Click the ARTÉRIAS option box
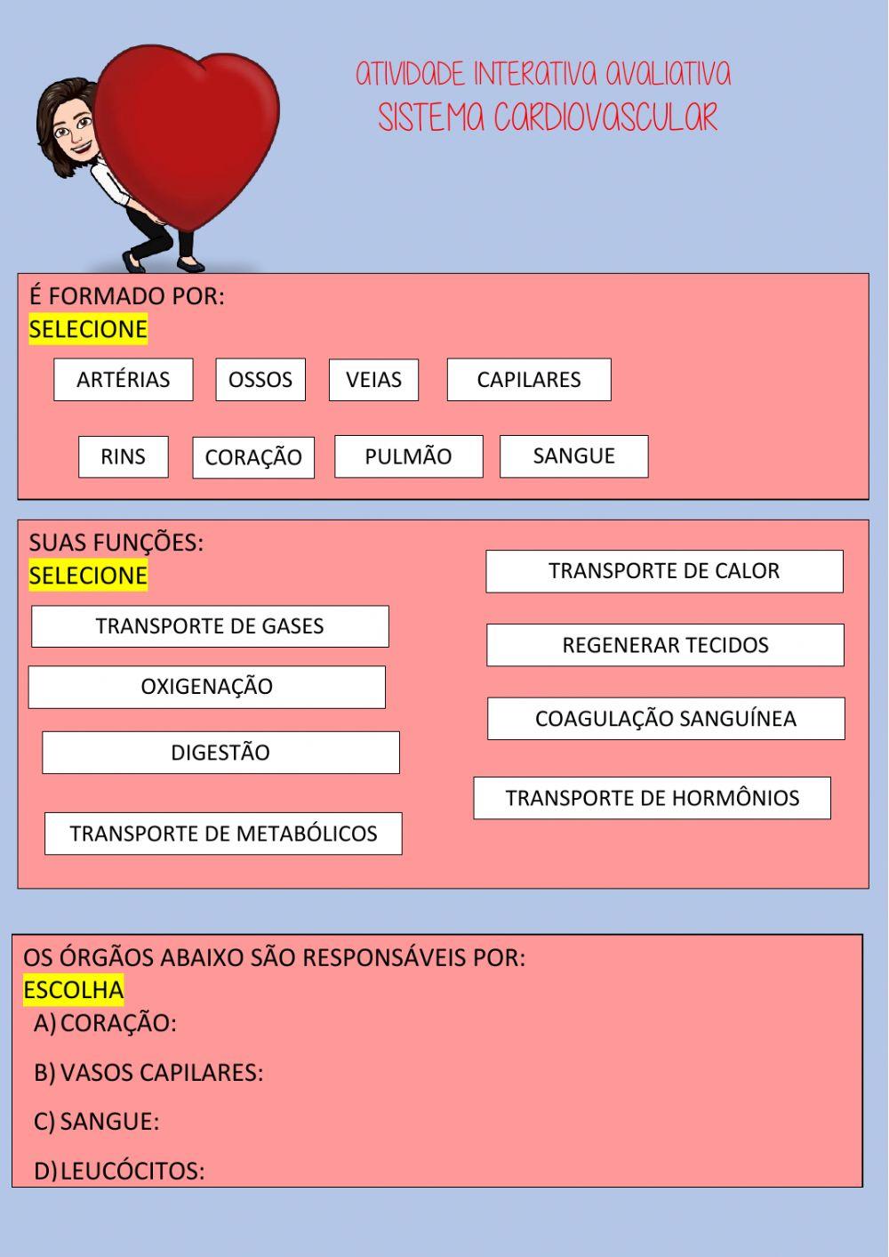(x=123, y=380)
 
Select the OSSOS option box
(x=260, y=380)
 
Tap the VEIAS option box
(x=373, y=380)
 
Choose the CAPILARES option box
(x=529, y=380)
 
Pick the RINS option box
(x=123, y=456)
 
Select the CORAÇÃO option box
(x=253, y=457)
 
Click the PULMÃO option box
(x=408, y=456)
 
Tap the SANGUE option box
(x=573, y=456)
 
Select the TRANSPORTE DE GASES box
(x=210, y=626)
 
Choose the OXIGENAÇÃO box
(x=206, y=687)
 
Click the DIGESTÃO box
(x=220, y=753)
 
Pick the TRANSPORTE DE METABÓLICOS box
(x=223, y=834)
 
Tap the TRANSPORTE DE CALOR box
(x=664, y=571)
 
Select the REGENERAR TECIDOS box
(x=665, y=645)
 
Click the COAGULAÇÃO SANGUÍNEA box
(x=666, y=719)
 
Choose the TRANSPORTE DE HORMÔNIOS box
(x=652, y=798)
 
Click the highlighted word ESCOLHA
(x=74, y=990)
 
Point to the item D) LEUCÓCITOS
(x=119, y=1171)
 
